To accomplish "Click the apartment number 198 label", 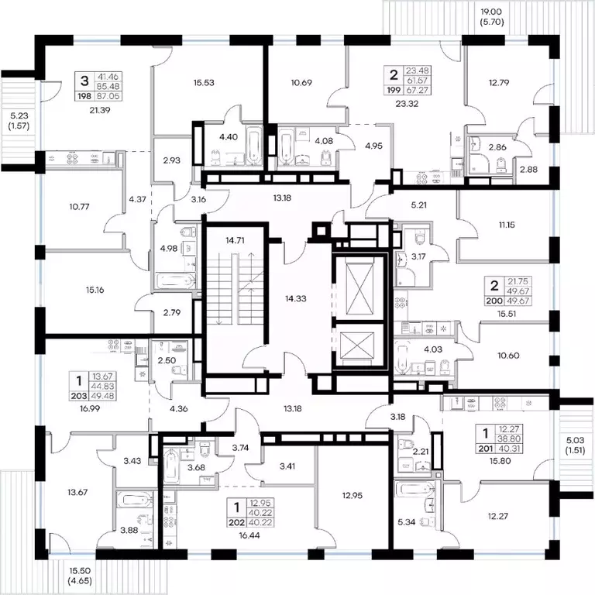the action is pos(84,96).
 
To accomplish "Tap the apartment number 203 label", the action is pos(79,396).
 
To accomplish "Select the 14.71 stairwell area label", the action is pos(235,240).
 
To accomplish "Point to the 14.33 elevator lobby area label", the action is pos(296,298).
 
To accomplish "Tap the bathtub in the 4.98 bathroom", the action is pos(176,281).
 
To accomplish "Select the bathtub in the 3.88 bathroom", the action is pos(135,500).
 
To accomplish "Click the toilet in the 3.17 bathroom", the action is pos(419,236).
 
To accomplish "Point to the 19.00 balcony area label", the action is pos(491,12).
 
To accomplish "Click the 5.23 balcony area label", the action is pos(19,115).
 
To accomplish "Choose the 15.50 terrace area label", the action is pos(80,571).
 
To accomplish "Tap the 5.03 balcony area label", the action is pos(576,441).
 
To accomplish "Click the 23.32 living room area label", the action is pos(407,104).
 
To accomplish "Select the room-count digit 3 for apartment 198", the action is pos(84,81).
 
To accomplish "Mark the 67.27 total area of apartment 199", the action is pos(417,91).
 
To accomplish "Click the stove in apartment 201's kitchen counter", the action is pos(500,404).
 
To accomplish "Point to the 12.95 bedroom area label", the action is pos(353,495).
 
